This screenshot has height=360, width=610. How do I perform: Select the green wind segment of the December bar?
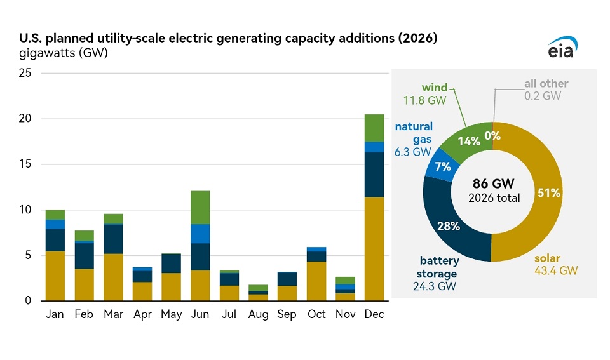[374, 128]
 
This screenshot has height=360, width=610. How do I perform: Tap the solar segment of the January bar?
[55, 276]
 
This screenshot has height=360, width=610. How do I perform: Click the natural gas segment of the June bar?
[200, 234]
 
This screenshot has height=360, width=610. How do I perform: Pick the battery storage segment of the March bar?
[113, 239]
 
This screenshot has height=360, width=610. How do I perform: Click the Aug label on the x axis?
[258, 314]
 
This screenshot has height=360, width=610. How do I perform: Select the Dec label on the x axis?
[374, 314]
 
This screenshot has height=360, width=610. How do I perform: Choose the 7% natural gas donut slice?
[443, 167]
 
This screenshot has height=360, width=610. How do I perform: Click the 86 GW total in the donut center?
[492, 185]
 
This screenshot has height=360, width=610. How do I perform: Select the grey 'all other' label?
[546, 84]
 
